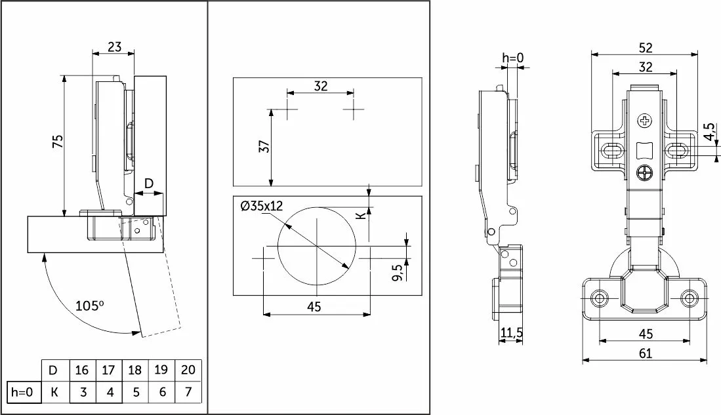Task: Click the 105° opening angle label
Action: (x=90, y=305)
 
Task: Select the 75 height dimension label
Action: (x=58, y=142)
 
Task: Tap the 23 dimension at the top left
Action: (x=115, y=47)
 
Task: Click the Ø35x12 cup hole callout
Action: (x=262, y=206)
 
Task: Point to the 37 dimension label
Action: (x=264, y=147)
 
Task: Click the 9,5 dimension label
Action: (x=398, y=271)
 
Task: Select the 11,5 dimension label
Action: (x=511, y=333)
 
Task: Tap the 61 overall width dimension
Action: (x=645, y=353)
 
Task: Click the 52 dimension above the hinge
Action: (x=646, y=48)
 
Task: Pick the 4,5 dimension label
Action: (x=710, y=131)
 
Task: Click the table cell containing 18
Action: (x=134, y=370)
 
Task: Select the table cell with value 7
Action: (x=188, y=392)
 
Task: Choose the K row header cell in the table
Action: (x=54, y=392)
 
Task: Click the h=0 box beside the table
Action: (x=22, y=392)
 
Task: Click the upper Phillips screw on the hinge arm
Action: (x=645, y=121)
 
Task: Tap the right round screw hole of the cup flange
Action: (x=688, y=298)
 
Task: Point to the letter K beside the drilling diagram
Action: (x=362, y=214)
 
